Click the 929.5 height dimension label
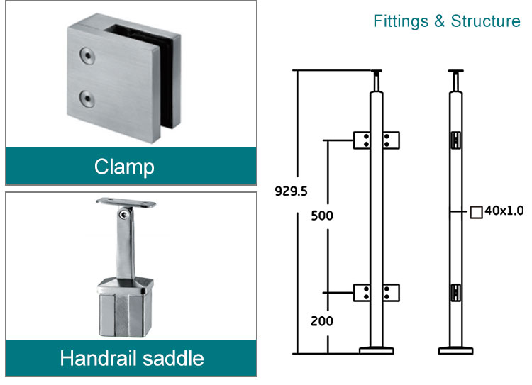click(291, 190)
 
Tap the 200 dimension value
click(322, 320)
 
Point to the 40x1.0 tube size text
click(504, 211)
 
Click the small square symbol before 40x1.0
click(477, 211)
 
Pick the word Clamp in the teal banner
click(124, 167)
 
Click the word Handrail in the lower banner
click(97, 358)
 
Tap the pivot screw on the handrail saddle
click(125, 216)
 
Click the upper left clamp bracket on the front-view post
click(363, 140)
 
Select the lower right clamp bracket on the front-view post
click(391, 292)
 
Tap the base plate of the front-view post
click(377, 350)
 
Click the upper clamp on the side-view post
click(455, 139)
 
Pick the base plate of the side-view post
click(455, 350)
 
